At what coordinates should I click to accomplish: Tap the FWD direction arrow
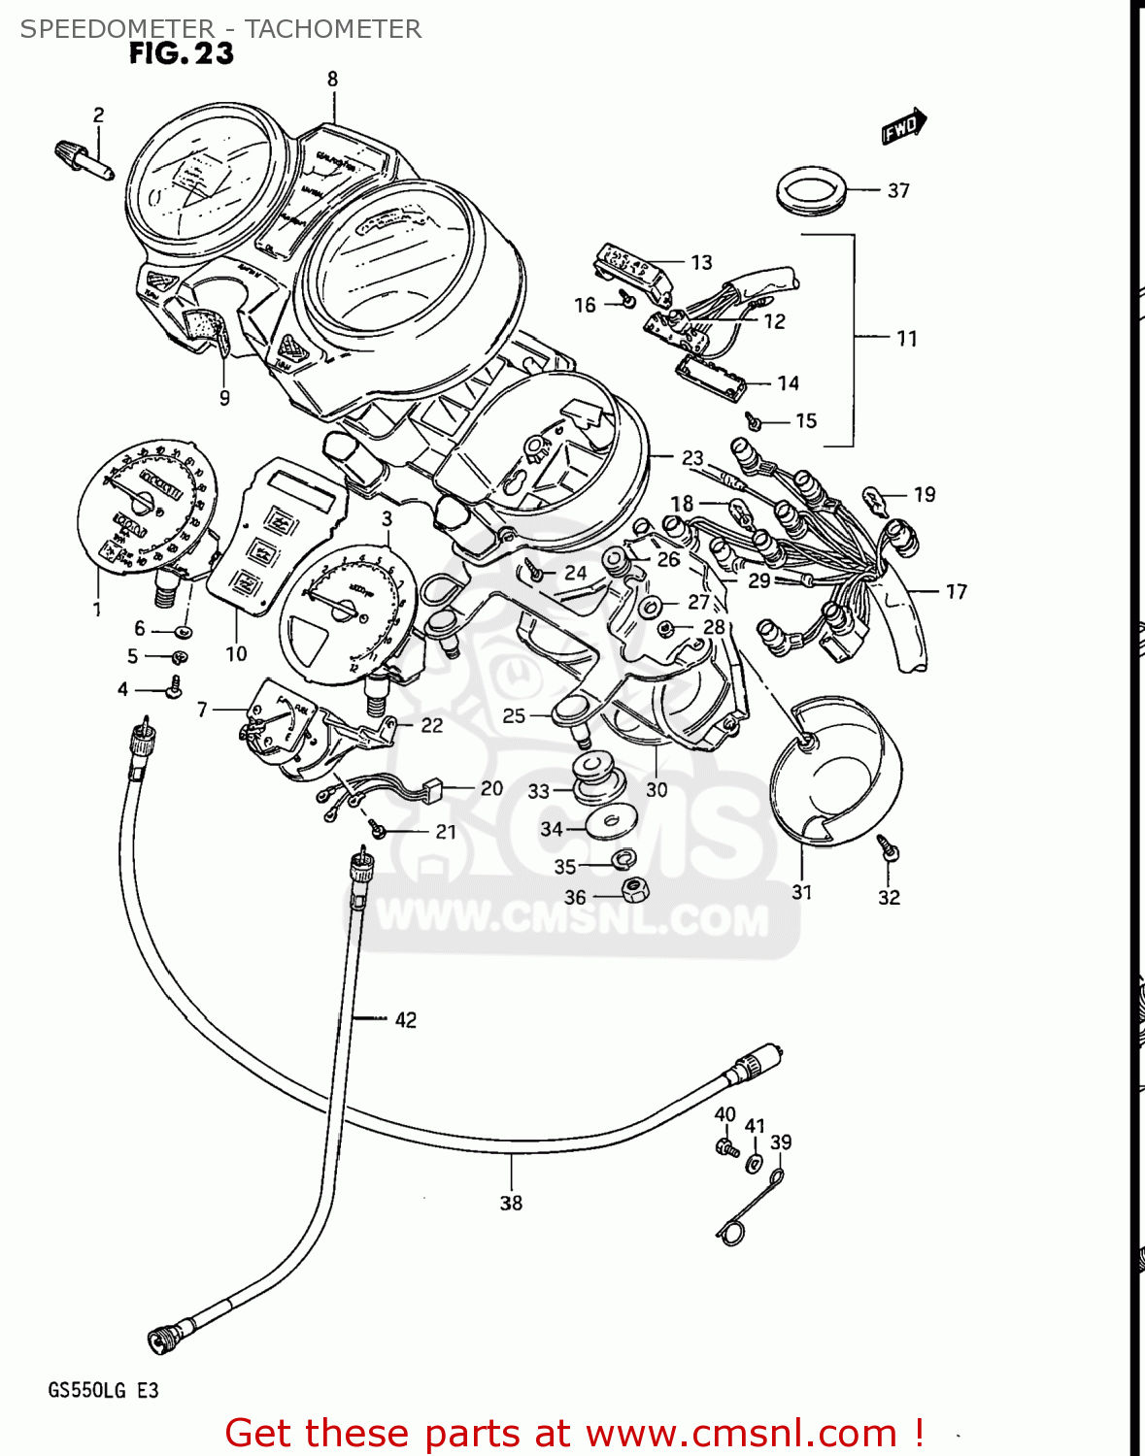[x=904, y=126]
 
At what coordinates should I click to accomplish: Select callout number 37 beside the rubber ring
[x=898, y=191]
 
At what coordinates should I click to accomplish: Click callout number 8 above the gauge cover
[x=332, y=80]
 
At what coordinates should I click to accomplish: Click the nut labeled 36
[x=634, y=888]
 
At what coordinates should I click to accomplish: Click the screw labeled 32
[x=888, y=846]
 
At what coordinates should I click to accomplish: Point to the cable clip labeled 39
[x=750, y=1208]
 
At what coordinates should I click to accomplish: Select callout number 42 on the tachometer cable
[x=405, y=1020]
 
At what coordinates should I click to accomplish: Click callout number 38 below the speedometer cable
[x=511, y=1204]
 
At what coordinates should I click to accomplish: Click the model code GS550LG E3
[x=103, y=1391]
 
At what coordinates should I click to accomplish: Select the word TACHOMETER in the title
[x=332, y=29]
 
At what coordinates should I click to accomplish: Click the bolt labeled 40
[x=725, y=1147]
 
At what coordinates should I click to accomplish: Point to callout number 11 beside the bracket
[x=906, y=339]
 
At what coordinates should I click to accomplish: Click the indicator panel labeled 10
[x=275, y=534]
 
